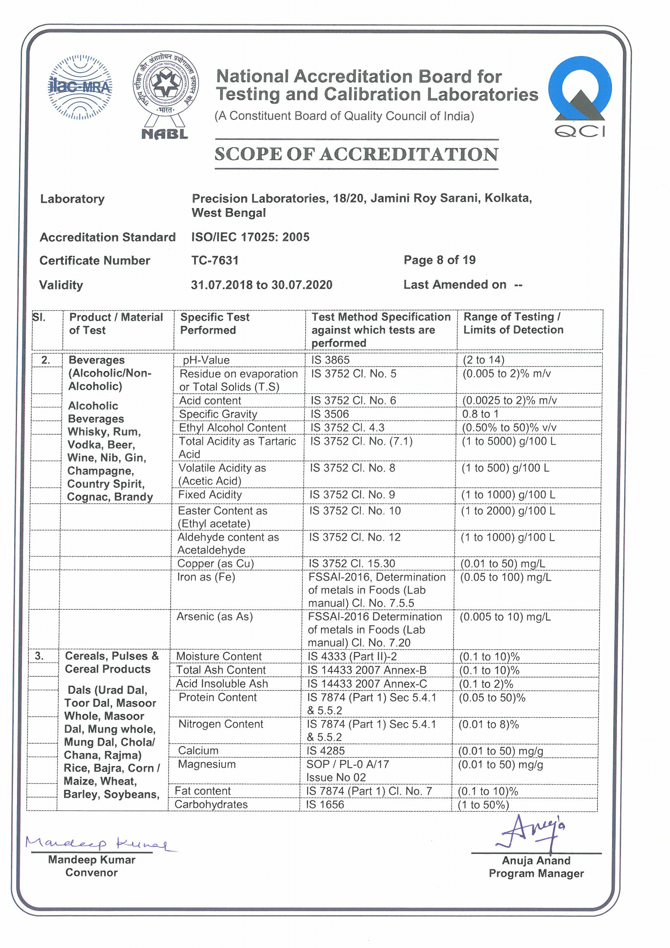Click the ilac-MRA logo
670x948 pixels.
[80, 87]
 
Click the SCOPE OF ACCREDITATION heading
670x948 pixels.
[356, 154]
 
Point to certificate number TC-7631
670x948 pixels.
[215, 261]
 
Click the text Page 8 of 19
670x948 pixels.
[439, 260]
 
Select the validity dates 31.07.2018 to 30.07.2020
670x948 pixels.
[261, 285]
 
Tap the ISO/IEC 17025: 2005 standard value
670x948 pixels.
[250, 237]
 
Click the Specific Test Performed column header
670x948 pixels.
[215, 324]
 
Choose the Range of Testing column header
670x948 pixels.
[513, 323]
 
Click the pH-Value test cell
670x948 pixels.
[206, 360]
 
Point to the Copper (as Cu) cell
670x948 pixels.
[215, 564]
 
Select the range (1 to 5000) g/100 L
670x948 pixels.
[508, 442]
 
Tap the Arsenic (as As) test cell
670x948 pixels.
[214, 617]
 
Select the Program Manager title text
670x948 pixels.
[536, 873]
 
